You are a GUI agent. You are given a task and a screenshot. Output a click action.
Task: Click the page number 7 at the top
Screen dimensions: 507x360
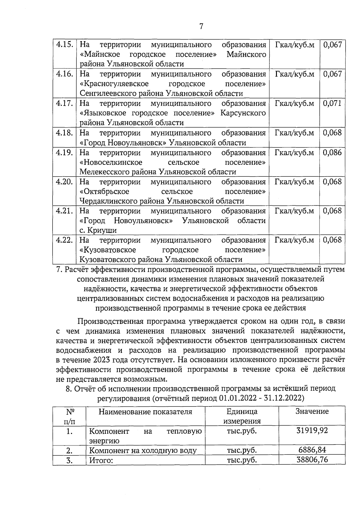tap(201, 27)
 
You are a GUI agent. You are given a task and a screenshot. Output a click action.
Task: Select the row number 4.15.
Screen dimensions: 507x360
tap(64, 45)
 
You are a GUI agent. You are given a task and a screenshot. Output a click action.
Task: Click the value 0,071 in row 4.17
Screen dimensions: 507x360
tap(332, 103)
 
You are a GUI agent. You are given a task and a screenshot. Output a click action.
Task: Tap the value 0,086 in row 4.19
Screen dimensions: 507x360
tap(332, 152)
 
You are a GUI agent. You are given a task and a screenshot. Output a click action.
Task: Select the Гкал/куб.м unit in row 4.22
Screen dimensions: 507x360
tap(294, 240)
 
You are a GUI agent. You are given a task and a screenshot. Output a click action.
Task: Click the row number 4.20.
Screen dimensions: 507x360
tap(64, 182)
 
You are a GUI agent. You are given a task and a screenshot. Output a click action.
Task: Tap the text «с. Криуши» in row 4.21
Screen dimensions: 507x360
tap(98, 230)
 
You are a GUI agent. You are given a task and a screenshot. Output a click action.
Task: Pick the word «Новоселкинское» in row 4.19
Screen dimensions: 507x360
tap(111, 162)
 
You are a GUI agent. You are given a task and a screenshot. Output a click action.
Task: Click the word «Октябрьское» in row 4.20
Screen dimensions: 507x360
tap(104, 192)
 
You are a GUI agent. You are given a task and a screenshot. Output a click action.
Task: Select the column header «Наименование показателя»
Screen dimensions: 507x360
tap(145, 412)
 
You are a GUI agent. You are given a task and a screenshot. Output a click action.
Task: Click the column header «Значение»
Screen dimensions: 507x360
tap(312, 411)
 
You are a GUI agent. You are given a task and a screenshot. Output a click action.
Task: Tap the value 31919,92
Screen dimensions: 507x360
tap(312, 431)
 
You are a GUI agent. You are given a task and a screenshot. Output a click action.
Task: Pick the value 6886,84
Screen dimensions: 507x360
tap(312, 450)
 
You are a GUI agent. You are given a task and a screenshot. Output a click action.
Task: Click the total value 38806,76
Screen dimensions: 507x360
tap(312, 460)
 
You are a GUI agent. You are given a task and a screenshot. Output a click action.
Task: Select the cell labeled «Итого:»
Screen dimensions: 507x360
tap(101, 460)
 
